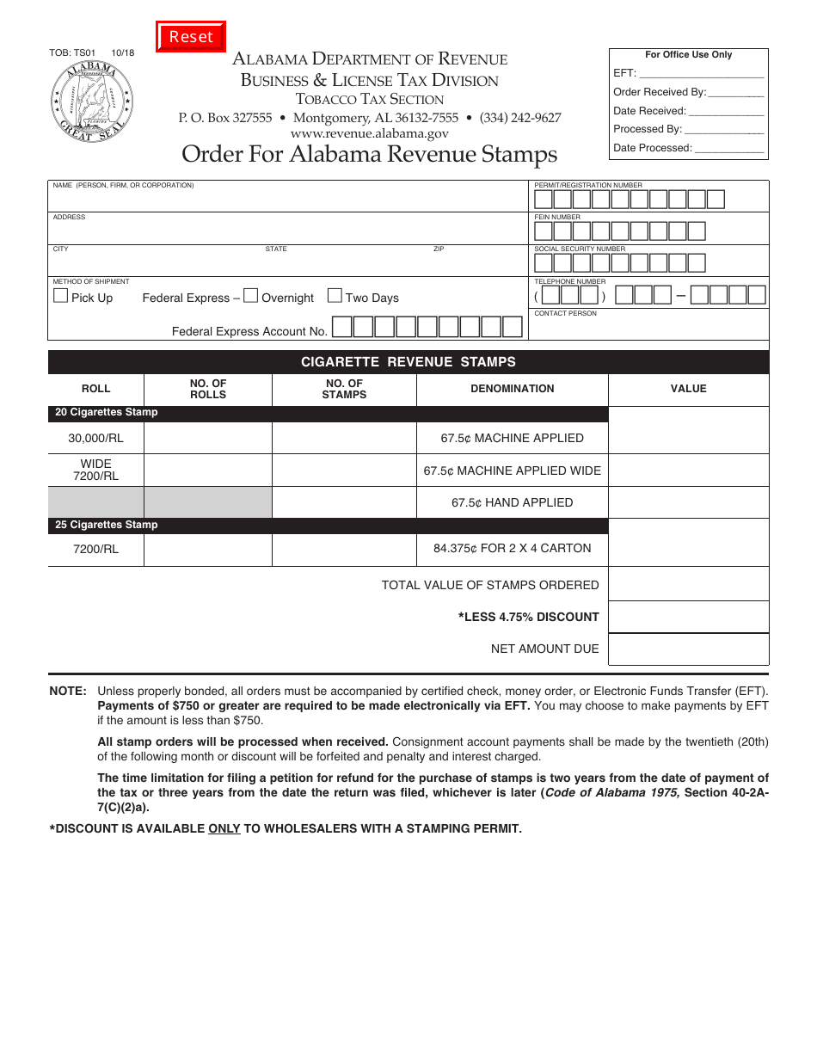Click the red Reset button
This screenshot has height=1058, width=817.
(x=191, y=37)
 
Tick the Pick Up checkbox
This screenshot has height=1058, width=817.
(x=61, y=296)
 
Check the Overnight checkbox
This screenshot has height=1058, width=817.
(x=251, y=296)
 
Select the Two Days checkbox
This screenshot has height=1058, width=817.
(x=335, y=296)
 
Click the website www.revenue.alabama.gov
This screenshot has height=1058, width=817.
(x=369, y=133)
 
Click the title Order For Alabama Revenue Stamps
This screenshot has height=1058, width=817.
(x=369, y=154)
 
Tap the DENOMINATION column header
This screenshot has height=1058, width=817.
(x=512, y=389)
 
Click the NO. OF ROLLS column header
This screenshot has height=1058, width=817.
(x=208, y=389)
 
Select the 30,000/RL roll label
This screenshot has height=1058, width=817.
(x=96, y=438)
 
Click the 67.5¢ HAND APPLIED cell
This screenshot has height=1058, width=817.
(x=512, y=502)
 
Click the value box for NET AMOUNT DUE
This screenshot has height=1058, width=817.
(x=688, y=649)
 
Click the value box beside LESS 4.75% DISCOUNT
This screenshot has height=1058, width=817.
(x=688, y=617)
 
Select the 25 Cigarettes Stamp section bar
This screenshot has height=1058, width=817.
(x=327, y=525)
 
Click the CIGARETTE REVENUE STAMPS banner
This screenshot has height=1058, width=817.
(x=408, y=362)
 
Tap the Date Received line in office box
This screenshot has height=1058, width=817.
(x=726, y=111)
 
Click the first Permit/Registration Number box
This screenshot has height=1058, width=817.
(x=544, y=200)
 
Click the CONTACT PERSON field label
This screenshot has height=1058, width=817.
(x=565, y=313)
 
